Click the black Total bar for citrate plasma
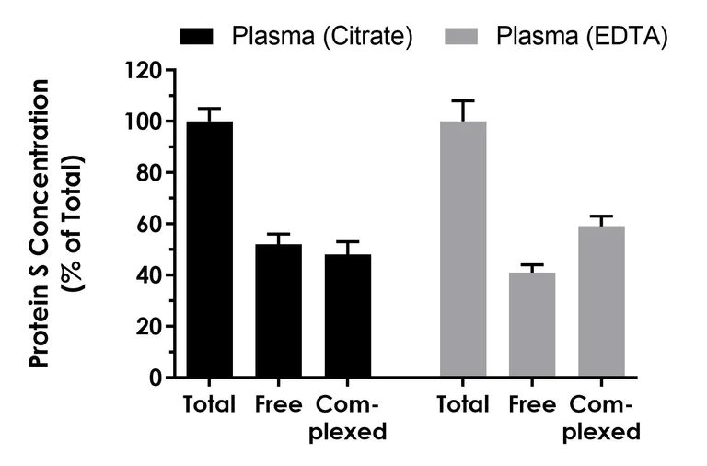[x=209, y=250]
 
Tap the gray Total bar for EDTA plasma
[x=463, y=250]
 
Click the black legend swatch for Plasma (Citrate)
[x=198, y=37]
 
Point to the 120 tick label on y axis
[x=145, y=70]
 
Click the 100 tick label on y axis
[x=145, y=122]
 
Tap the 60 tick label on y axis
[x=151, y=224]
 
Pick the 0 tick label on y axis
[x=156, y=378]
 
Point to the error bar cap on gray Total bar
[x=463, y=100]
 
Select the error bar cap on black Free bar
[x=278, y=234]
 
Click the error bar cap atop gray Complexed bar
[x=602, y=216]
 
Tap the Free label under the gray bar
[x=532, y=405]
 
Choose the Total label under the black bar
[x=209, y=405]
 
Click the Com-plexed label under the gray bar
[x=602, y=418]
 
